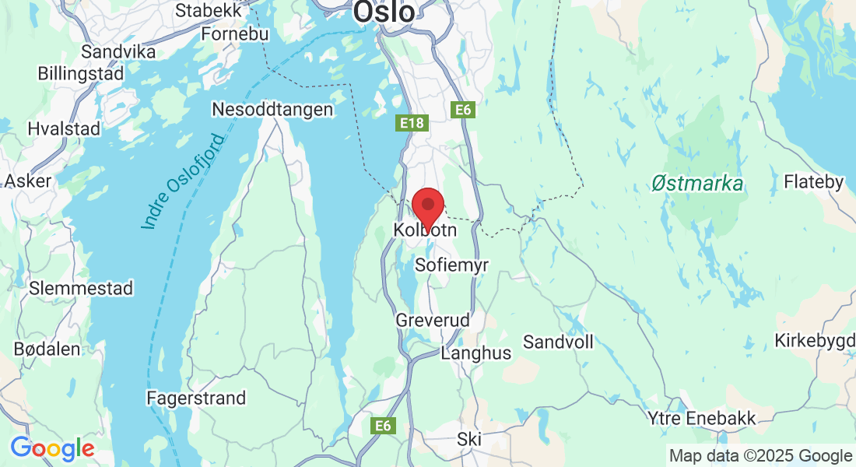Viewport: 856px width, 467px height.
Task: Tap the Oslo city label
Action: point(384,11)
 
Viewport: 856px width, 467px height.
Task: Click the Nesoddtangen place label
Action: point(272,110)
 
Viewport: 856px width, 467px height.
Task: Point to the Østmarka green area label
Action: point(697,184)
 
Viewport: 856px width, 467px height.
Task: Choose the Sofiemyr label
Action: point(452,265)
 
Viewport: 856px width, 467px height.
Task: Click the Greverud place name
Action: point(433,320)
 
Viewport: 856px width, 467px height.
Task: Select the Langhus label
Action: point(476,353)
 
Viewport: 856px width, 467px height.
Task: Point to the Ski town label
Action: point(469,438)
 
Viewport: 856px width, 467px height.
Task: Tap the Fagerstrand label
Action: point(196,398)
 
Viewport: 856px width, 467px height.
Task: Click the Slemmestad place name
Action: point(81,288)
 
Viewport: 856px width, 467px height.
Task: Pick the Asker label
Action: point(28,181)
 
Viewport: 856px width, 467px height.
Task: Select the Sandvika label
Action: point(118,51)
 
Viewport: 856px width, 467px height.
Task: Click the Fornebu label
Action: point(234,34)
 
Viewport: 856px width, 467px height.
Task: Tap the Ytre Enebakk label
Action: point(702,419)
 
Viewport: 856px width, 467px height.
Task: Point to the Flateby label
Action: point(814,182)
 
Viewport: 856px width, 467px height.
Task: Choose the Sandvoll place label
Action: point(558,342)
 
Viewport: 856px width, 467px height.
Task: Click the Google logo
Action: point(52,449)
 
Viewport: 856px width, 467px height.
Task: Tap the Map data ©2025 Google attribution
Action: point(760,456)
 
